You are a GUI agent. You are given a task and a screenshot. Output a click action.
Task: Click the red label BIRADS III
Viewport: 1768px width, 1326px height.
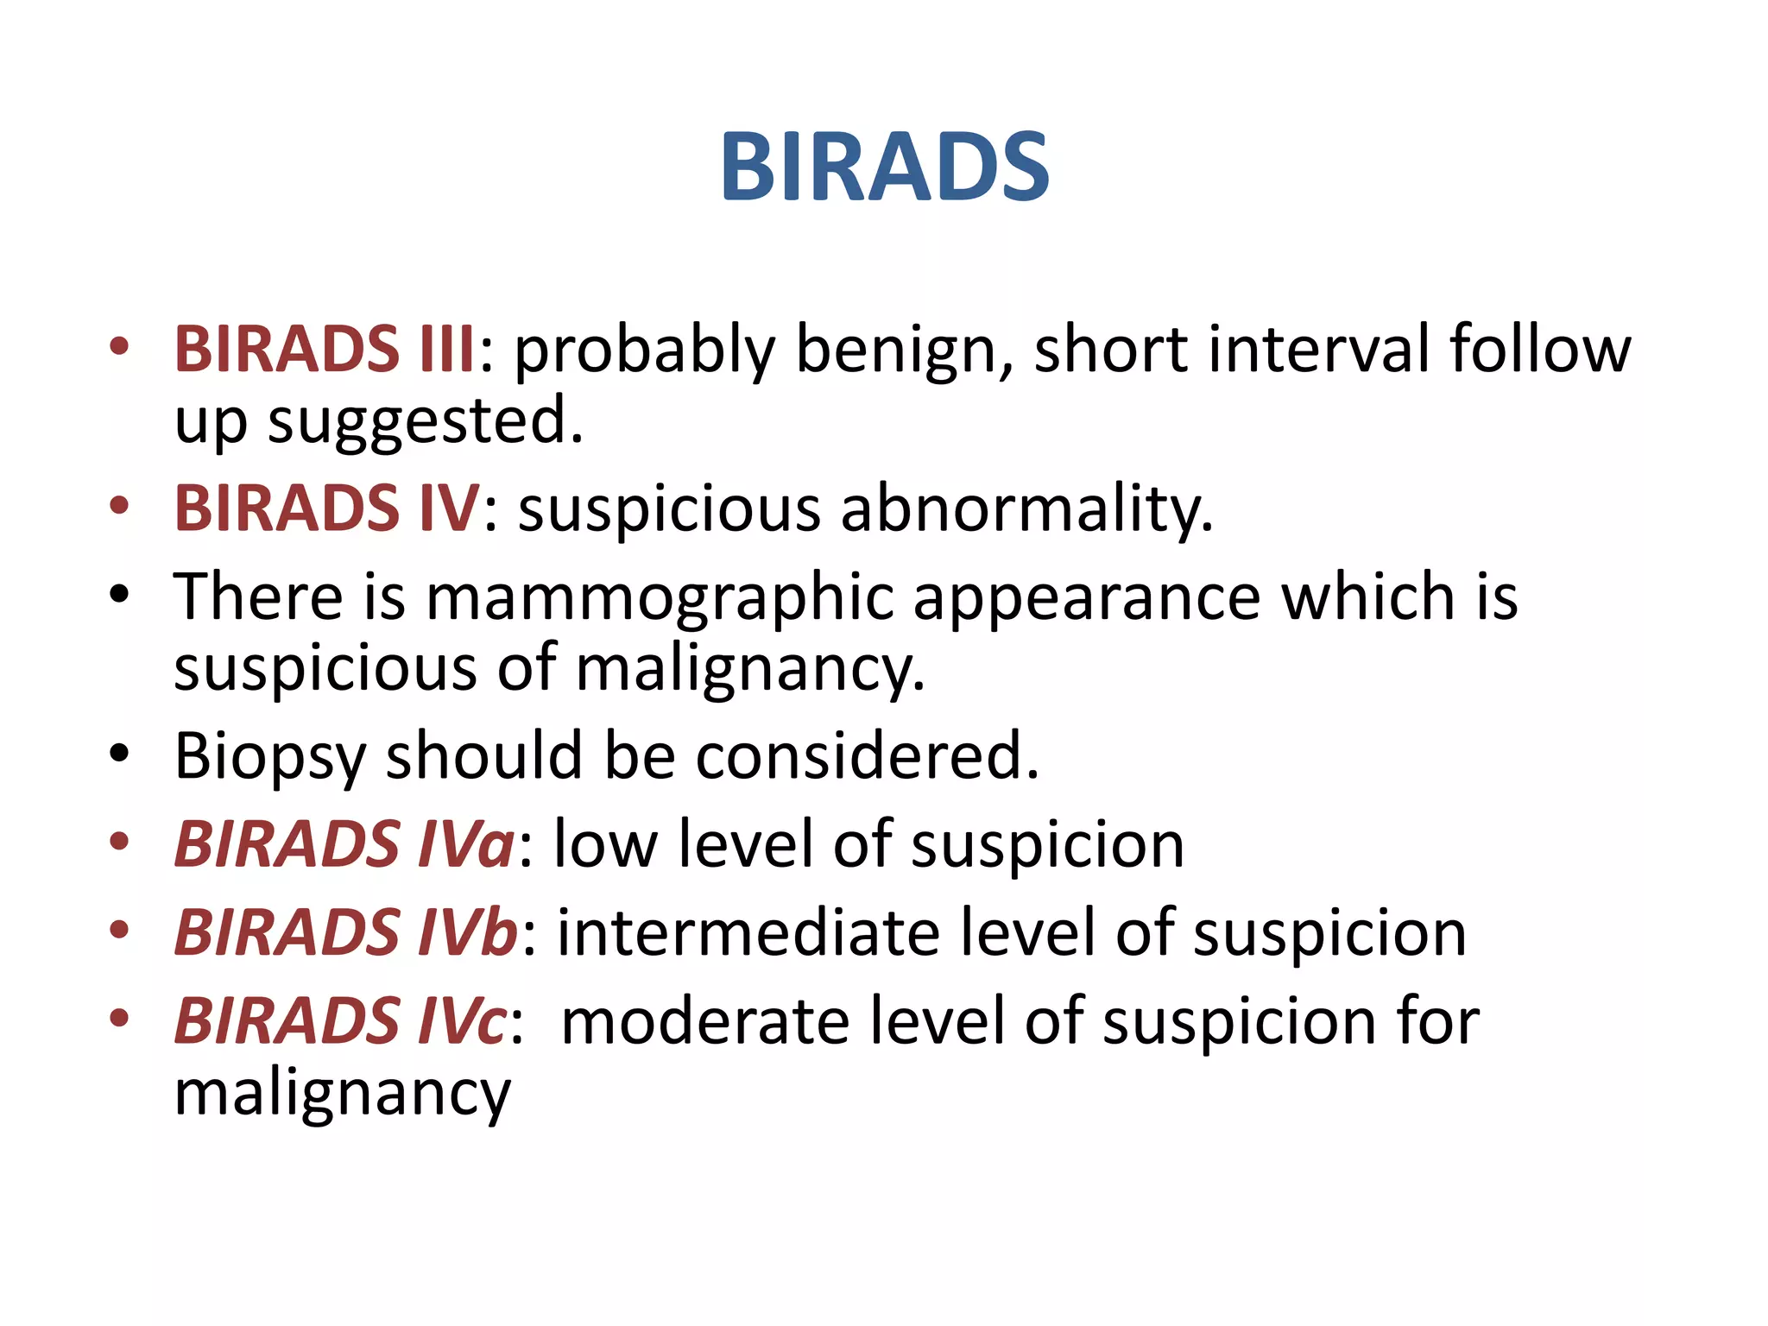(x=325, y=350)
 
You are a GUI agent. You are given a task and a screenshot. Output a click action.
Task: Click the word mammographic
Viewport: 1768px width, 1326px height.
(x=660, y=597)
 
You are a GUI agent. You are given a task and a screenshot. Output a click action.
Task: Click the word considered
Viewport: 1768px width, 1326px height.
(x=867, y=756)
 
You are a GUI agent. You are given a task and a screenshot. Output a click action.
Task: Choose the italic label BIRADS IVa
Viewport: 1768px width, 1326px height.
(x=344, y=844)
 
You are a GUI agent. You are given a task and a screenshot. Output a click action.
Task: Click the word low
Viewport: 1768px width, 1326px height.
(x=605, y=844)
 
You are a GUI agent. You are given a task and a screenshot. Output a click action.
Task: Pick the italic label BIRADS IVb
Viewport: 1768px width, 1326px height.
(x=345, y=933)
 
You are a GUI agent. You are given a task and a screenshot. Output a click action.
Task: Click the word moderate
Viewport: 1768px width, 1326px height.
(x=704, y=1022)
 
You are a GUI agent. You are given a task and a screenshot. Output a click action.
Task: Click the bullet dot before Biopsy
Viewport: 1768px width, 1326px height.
(x=119, y=754)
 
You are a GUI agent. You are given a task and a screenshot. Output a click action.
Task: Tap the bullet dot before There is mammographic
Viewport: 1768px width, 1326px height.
(x=119, y=594)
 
